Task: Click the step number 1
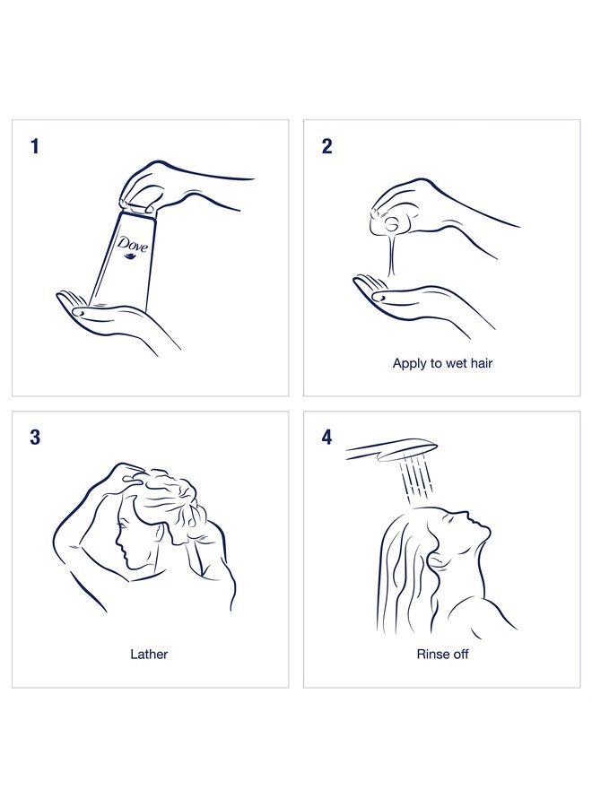tap(34, 146)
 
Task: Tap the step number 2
tap(326, 146)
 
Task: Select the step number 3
tap(35, 438)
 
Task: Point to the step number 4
tap(326, 438)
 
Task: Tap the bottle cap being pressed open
tap(136, 207)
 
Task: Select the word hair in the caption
tap(481, 363)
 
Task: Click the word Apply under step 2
tap(410, 364)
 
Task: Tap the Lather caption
tap(149, 655)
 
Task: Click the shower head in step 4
tap(392, 449)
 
